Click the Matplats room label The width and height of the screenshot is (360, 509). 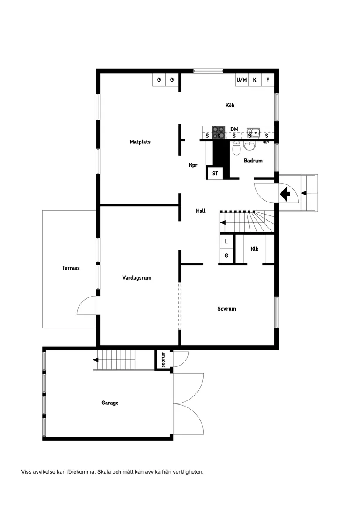(x=140, y=142)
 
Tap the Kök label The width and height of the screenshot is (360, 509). (x=230, y=105)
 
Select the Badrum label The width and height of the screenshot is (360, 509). (x=253, y=161)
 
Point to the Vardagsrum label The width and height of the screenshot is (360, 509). (x=137, y=277)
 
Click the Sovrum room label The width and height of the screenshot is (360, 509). (x=226, y=309)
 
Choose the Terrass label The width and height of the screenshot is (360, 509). (x=71, y=268)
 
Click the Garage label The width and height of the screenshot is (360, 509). (x=110, y=403)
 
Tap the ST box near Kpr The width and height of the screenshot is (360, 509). (x=215, y=173)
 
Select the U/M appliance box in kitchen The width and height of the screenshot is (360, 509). (x=241, y=80)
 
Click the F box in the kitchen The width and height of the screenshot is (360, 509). (x=267, y=80)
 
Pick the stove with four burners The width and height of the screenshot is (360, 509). (x=219, y=133)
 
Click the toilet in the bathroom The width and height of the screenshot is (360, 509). (x=237, y=150)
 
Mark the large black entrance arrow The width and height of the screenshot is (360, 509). (x=285, y=193)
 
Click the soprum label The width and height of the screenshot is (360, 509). (x=163, y=359)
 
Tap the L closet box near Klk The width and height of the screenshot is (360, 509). (x=226, y=241)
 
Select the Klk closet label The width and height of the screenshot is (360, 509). (x=254, y=249)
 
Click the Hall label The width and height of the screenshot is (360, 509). (x=201, y=211)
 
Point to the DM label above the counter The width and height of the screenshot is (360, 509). (x=234, y=129)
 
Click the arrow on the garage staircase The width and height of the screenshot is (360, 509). (x=96, y=360)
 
